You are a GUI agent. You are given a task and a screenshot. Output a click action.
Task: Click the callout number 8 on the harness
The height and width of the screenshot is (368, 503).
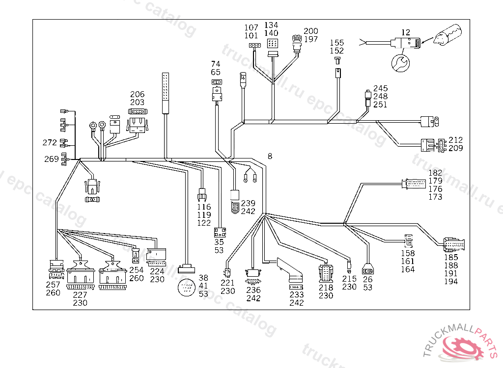[270, 157]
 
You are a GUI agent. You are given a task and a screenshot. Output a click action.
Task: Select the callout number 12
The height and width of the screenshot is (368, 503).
[405, 32]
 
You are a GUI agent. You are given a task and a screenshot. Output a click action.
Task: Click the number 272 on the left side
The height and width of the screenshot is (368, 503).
[50, 143]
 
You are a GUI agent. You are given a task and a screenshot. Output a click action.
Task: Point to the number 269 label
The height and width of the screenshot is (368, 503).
[52, 158]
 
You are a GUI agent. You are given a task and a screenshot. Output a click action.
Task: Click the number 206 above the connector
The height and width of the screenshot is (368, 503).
[137, 94]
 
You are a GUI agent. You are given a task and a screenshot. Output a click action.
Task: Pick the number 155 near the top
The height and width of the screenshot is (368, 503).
[336, 43]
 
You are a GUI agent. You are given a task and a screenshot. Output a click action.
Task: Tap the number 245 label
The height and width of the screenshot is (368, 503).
[380, 89]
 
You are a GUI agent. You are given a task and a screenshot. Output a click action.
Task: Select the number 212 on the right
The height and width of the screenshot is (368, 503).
[455, 140]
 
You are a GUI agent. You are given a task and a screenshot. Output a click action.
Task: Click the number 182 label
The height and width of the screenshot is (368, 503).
[435, 173]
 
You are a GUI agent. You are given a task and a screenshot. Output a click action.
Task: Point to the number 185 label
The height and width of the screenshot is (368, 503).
[451, 258]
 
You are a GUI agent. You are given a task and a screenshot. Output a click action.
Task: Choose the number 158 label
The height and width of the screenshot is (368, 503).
[408, 253]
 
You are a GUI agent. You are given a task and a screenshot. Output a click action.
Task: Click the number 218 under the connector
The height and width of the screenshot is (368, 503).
[326, 288]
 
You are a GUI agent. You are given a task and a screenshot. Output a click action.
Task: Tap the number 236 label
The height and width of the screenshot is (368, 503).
[253, 290]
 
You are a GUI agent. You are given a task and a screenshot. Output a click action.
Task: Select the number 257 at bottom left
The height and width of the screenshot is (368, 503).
[53, 285]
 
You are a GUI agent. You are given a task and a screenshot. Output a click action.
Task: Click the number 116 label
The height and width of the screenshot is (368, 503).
[204, 207]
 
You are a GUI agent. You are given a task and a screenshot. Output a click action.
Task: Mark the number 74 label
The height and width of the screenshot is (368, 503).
[216, 64]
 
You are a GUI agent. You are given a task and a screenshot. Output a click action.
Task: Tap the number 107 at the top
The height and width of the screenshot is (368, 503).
[251, 27]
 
